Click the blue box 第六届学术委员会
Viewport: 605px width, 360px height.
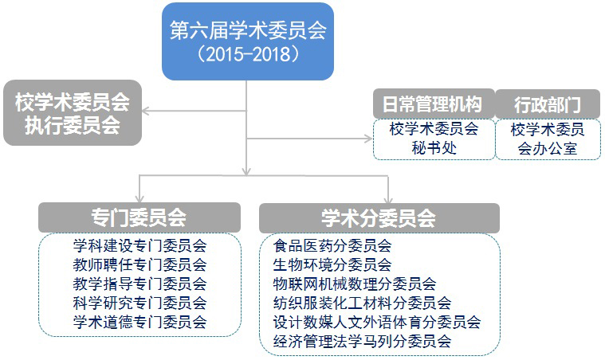coord(248,41)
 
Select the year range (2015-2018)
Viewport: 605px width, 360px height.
coord(248,54)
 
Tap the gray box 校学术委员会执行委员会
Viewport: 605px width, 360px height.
coord(73,112)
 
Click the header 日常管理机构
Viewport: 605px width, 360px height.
coord(434,104)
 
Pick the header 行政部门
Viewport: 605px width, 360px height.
coord(548,104)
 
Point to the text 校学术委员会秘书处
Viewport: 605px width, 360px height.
coord(434,138)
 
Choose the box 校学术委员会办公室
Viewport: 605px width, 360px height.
coord(548,139)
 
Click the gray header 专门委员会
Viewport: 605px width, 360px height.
coord(139,217)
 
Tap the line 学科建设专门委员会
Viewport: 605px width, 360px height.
coord(139,245)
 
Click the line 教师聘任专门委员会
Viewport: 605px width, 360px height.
coord(139,264)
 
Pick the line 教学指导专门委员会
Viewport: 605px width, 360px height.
coord(139,284)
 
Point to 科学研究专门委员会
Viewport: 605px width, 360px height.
coord(139,303)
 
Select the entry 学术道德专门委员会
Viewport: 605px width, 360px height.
coord(139,322)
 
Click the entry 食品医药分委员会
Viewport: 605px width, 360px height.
coord(332,245)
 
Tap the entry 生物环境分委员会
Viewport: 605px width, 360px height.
coord(332,264)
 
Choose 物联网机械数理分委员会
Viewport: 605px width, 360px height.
coord(355,284)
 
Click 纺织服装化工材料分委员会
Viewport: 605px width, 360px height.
coord(363,303)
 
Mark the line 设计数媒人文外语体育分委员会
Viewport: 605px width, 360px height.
coord(377,322)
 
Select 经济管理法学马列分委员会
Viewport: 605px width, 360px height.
coord(363,341)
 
